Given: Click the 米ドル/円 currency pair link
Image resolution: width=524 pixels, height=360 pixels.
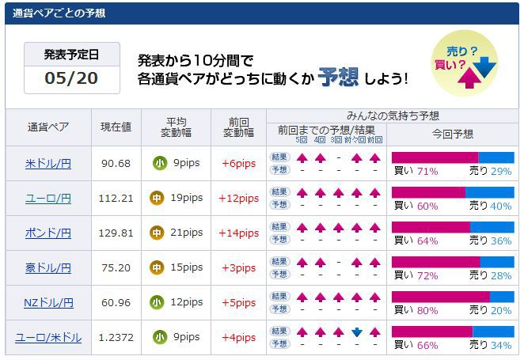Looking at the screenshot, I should point(48,164).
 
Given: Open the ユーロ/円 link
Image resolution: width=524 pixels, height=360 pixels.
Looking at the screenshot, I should point(48,198).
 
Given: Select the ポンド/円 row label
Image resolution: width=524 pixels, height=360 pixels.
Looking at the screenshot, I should point(48,233).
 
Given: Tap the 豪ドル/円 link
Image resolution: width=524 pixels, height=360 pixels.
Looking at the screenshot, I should point(48,267).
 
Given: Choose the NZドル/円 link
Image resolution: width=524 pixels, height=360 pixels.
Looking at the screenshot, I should point(48,302).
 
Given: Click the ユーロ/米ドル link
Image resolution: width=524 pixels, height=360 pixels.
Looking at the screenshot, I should point(48,337).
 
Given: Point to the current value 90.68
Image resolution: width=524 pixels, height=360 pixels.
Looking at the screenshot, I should point(116,164).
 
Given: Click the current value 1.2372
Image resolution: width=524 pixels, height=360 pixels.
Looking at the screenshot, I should point(116,337).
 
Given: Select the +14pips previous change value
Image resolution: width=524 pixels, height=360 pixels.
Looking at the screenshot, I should point(238,233).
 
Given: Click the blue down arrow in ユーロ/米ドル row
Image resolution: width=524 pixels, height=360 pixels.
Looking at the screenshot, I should point(357,332).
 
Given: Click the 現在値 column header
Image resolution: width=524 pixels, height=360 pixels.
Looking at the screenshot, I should point(116,127).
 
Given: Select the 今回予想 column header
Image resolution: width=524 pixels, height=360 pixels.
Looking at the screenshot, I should point(453,134).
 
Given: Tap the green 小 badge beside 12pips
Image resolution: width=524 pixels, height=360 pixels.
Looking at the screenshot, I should point(158,302).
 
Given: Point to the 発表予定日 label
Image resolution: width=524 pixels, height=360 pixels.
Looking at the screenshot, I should point(71,55).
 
